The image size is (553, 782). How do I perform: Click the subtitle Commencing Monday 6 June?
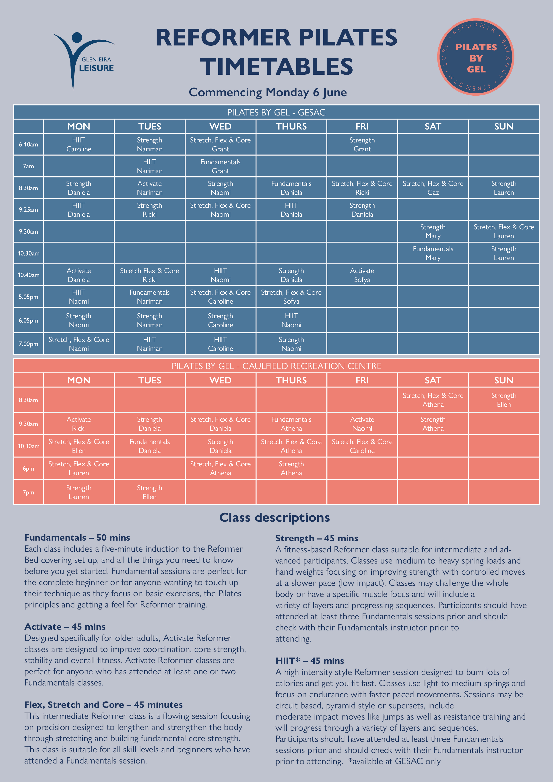tap(268, 92)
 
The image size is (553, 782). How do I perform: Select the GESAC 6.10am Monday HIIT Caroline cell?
tap(79, 144)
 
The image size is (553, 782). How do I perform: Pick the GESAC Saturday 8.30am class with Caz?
tap(433, 188)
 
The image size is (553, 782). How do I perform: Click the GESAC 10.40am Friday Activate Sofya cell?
tap(362, 275)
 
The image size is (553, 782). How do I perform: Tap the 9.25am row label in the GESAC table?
tap(28, 210)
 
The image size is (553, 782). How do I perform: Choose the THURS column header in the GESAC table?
tap(291, 126)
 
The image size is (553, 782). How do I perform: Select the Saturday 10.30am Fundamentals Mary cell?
tap(433, 253)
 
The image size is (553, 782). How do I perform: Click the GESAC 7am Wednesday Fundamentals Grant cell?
tap(221, 166)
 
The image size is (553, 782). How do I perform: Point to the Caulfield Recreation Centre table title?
tap(276, 366)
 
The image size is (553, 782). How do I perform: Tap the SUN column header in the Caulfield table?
tap(503, 380)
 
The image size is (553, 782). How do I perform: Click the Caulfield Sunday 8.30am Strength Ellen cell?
tap(503, 400)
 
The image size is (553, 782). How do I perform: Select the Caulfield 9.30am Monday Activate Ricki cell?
tap(79, 424)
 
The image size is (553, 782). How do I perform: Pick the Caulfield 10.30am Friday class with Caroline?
tap(362, 446)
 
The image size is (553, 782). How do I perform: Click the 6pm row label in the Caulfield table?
tap(28, 469)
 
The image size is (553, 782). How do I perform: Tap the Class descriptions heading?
tap(275, 517)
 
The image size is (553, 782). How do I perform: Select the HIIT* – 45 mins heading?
tap(310, 661)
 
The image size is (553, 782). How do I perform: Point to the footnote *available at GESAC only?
tap(394, 761)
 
